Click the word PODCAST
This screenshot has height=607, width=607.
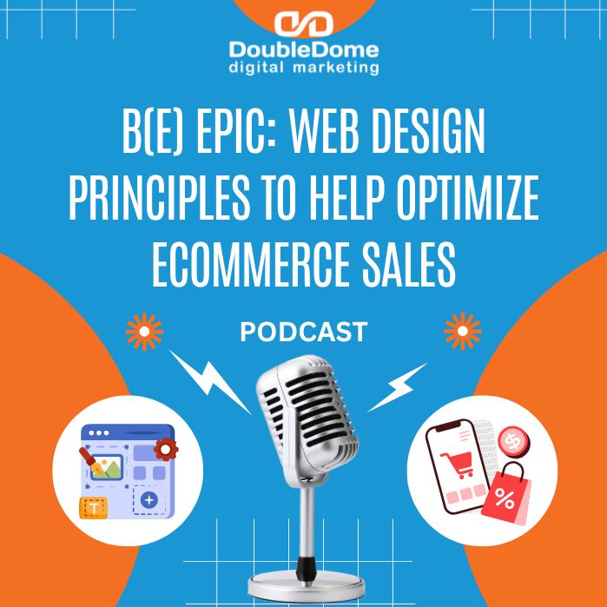[x=303, y=332]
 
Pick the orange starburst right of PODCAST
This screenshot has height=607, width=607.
[x=462, y=332]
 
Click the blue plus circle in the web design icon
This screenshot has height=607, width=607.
[x=149, y=500]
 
